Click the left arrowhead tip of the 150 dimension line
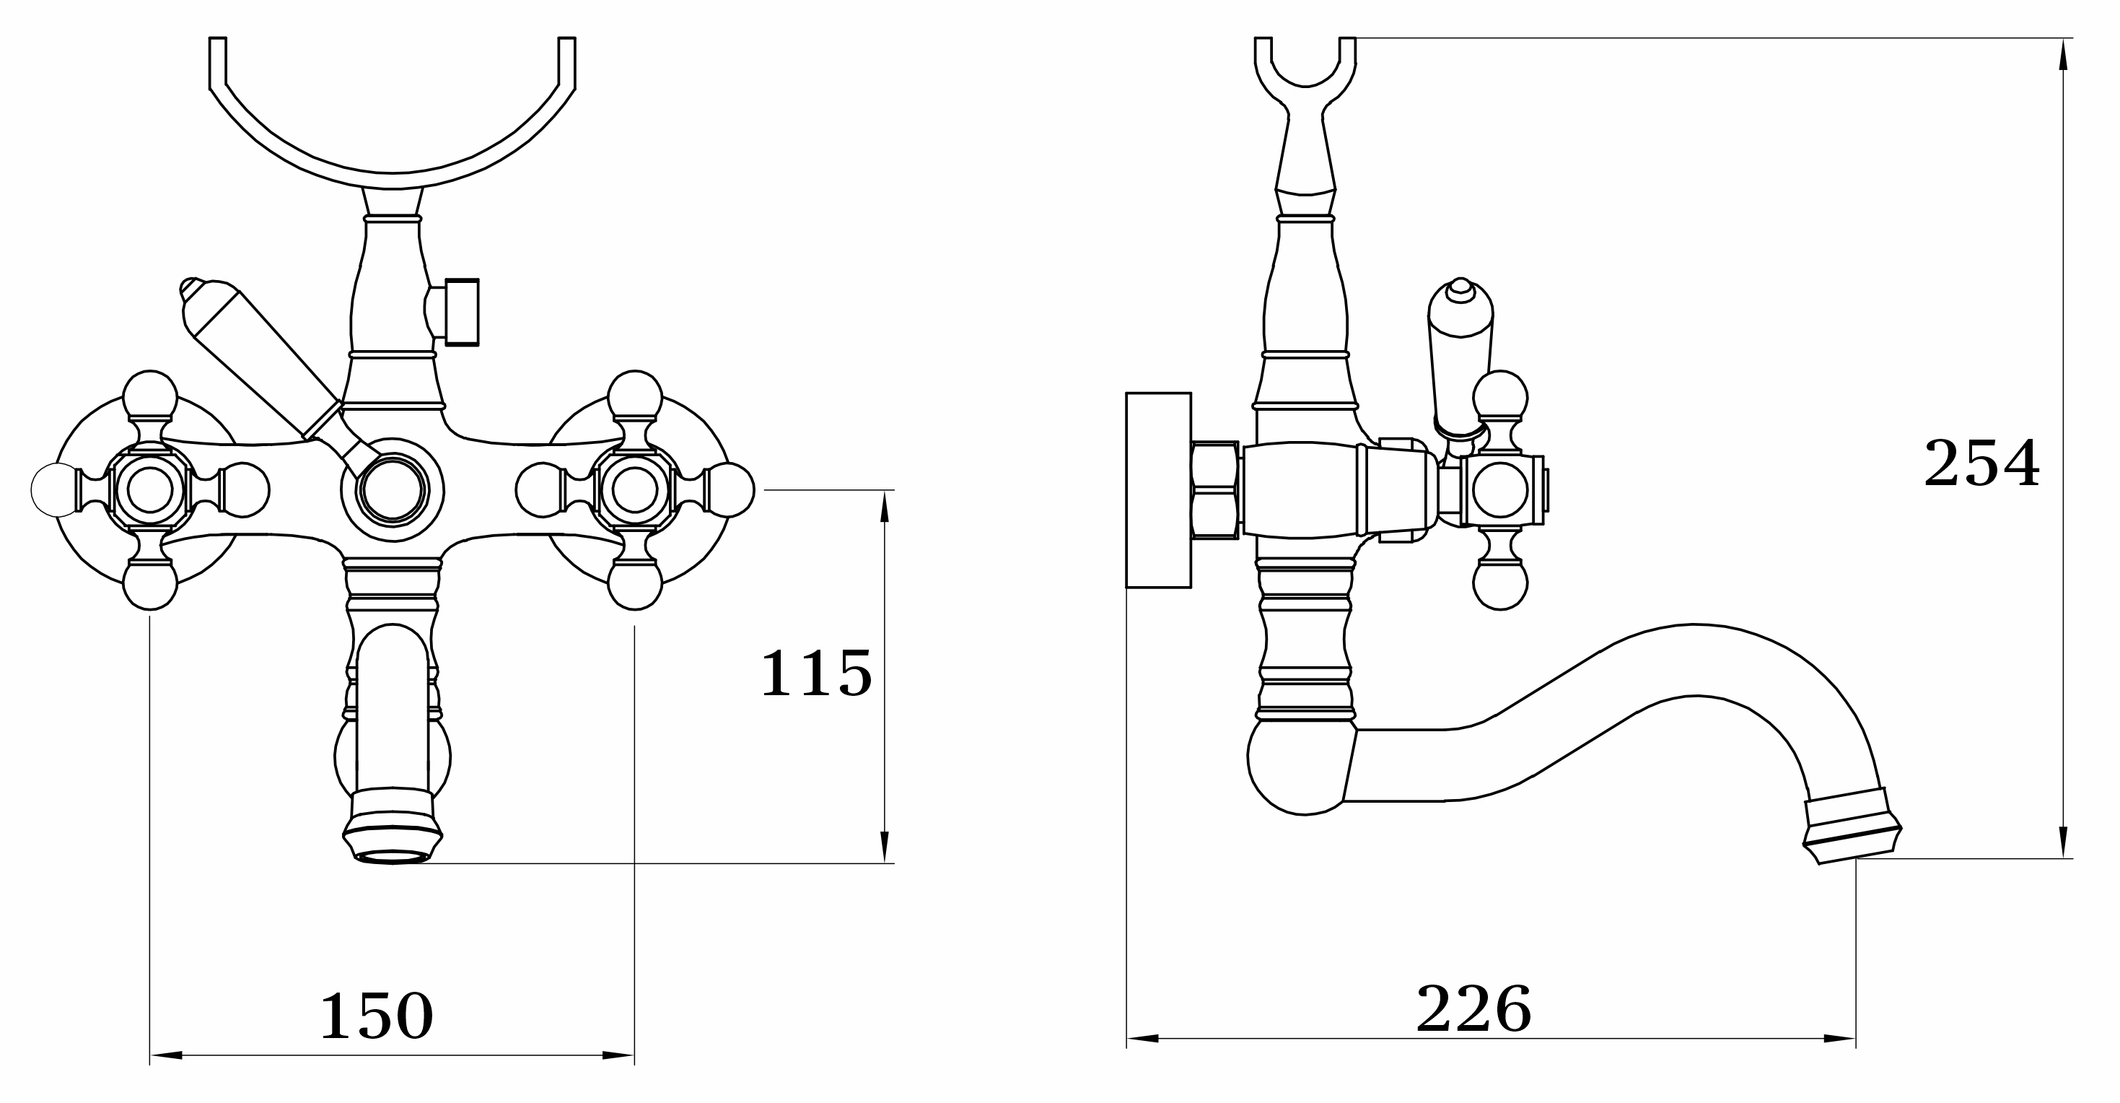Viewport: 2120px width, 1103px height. tap(150, 1055)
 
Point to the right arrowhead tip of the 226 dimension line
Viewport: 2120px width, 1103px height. tap(1855, 1038)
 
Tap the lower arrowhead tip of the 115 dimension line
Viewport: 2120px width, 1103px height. tap(885, 863)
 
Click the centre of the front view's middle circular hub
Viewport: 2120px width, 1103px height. tap(393, 489)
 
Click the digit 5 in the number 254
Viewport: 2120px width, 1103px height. tap(1983, 463)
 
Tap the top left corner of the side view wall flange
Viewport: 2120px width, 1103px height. tap(1126, 393)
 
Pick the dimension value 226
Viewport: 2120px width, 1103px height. tap(1473, 1008)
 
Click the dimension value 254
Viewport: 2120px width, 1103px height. tap(1981, 463)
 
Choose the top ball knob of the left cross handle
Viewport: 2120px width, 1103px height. tap(150, 398)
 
